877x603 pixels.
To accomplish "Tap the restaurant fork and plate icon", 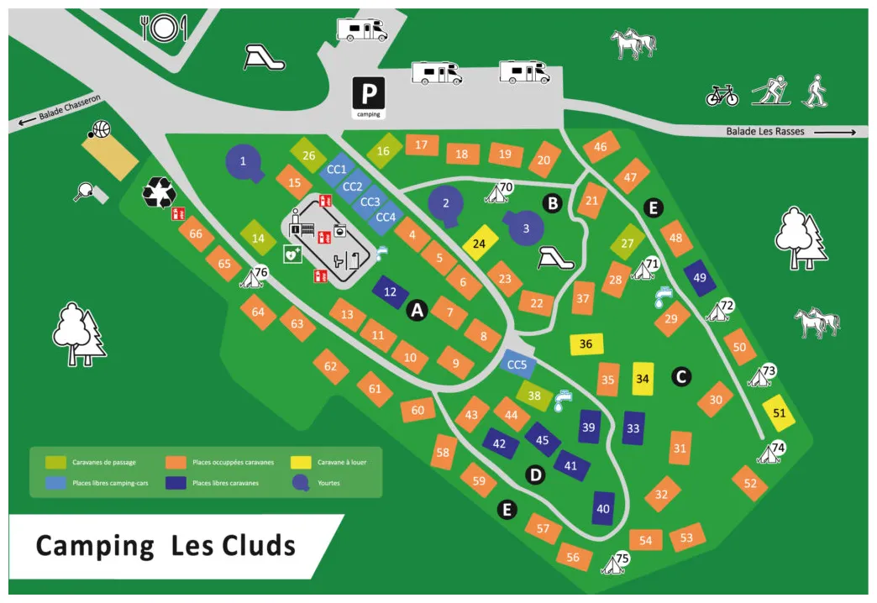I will click(163, 29).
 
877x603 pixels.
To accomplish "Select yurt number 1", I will click(244, 160).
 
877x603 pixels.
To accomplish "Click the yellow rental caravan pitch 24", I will click(480, 244).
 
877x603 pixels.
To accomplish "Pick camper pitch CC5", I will click(517, 364).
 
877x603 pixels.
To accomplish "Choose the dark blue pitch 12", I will click(390, 292).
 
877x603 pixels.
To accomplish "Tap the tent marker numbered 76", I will click(254, 276).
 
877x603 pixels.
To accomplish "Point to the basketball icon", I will click(100, 130).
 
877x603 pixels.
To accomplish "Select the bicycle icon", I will click(722, 95).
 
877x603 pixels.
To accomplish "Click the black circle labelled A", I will click(417, 311).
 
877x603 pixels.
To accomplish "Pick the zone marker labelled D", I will click(534, 475).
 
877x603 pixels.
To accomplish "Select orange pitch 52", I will click(750, 483).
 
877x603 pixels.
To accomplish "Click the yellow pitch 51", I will click(779, 412).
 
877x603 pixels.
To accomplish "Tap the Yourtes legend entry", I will click(324, 483).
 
